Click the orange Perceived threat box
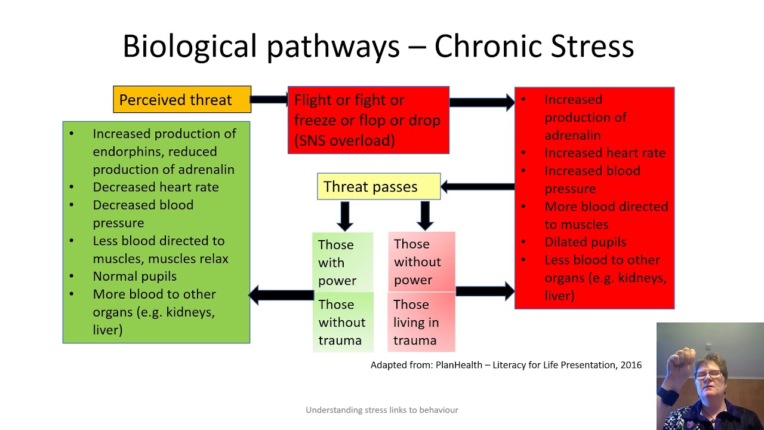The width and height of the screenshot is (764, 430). (182, 100)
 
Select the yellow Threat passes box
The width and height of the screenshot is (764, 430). (378, 187)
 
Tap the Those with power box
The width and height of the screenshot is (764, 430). (343, 262)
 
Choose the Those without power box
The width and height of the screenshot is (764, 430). (421, 262)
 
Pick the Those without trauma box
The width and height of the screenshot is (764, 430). (343, 322)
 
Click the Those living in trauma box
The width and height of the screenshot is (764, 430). (421, 322)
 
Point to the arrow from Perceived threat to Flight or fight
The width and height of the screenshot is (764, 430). (269, 100)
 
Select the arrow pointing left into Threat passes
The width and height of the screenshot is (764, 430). (478, 187)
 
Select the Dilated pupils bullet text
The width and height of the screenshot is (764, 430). (585, 242)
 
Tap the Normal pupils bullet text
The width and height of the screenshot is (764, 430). (134, 277)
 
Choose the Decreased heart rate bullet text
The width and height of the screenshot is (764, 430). (155, 187)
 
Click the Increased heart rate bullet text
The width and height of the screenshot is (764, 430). (605, 153)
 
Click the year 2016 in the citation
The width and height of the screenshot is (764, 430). (631, 365)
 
